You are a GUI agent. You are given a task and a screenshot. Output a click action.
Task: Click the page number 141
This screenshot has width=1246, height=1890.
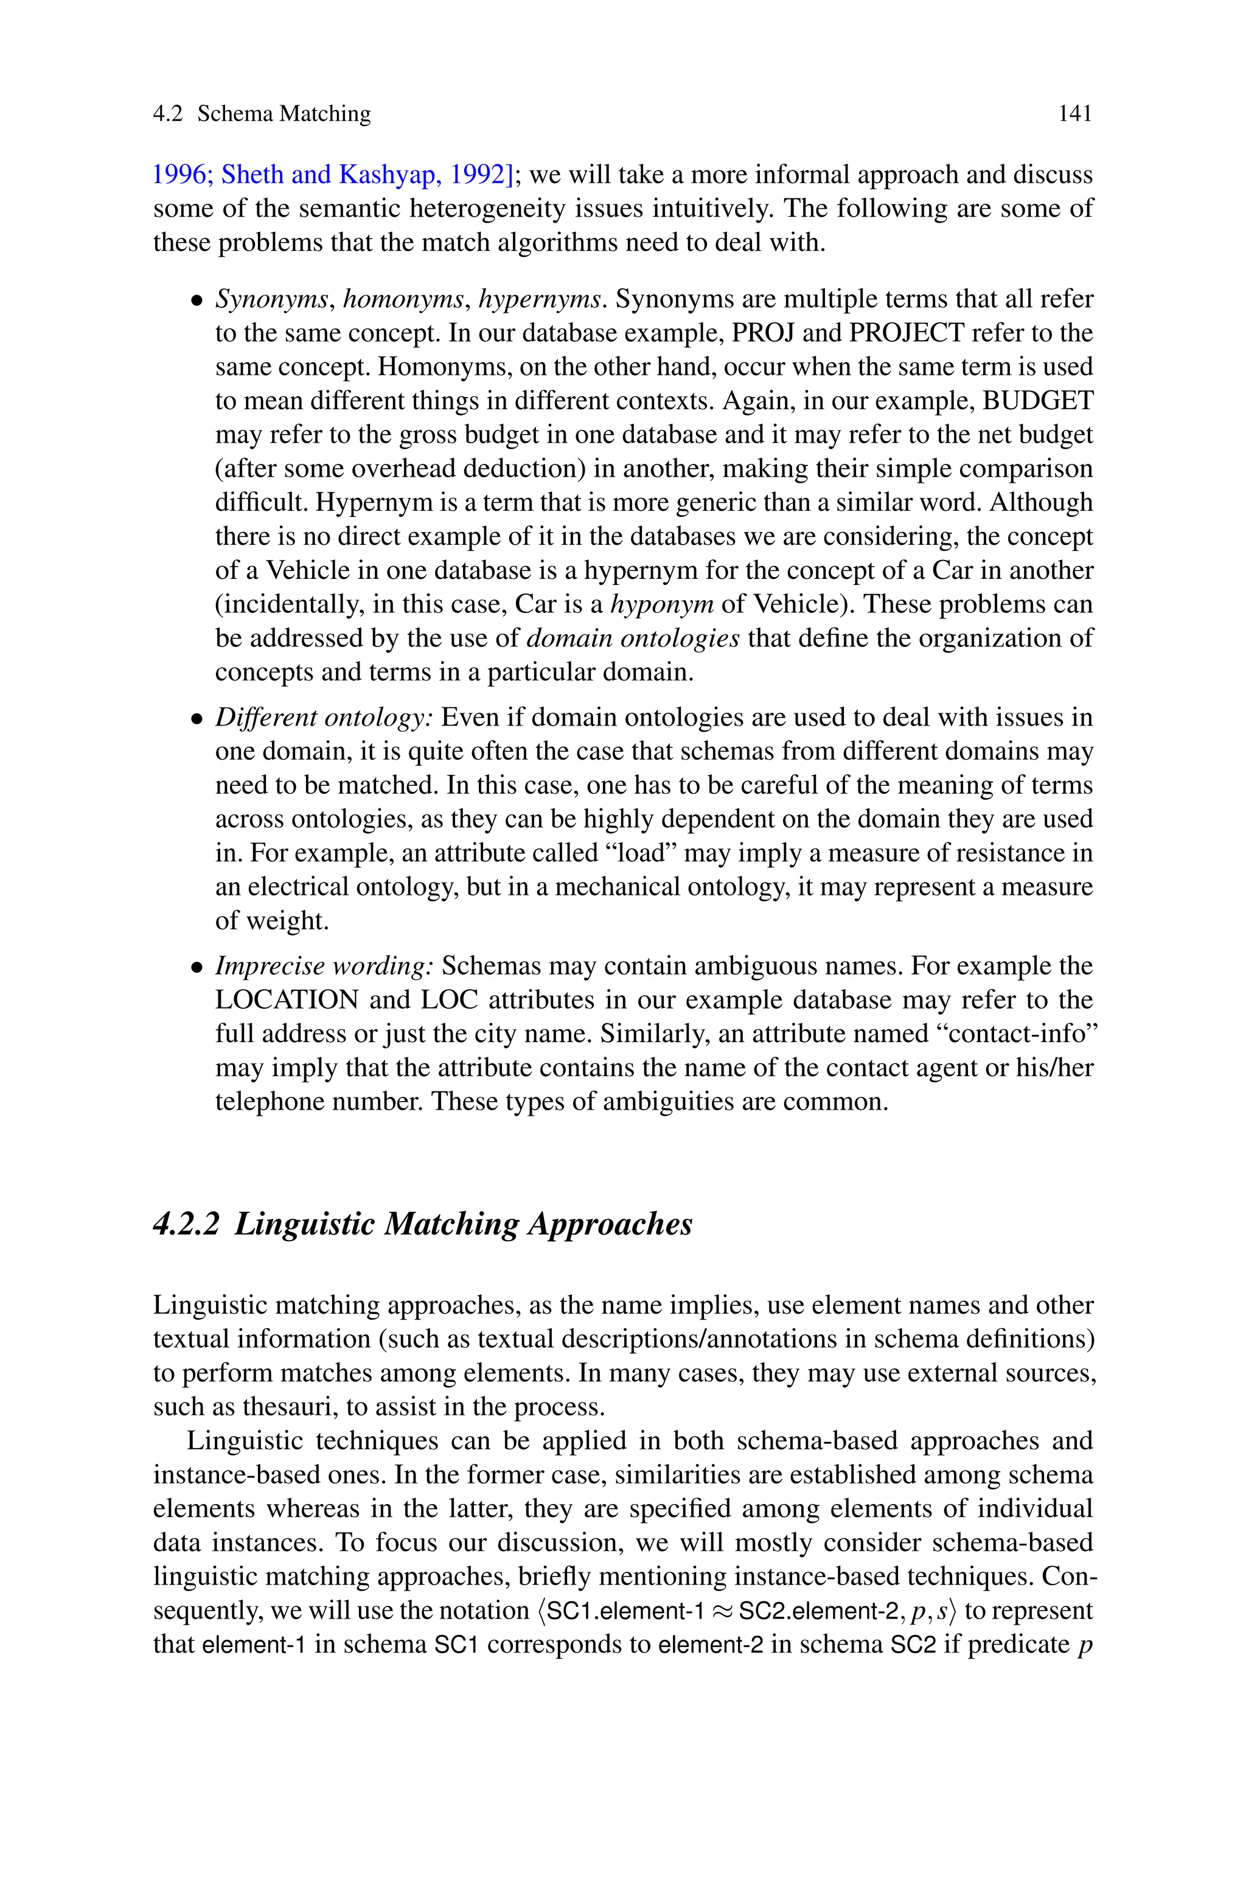(1074, 114)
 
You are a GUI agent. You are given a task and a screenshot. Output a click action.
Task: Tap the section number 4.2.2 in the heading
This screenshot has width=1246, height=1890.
(185, 1224)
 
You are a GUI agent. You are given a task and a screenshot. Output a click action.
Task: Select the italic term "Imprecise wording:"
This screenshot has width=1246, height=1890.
(324, 965)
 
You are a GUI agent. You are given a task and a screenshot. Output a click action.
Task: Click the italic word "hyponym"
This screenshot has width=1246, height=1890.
(661, 604)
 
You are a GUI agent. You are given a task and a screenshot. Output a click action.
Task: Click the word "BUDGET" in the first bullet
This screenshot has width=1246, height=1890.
(1038, 401)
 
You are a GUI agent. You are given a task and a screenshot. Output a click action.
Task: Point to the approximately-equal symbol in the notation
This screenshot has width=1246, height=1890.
(722, 1612)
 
